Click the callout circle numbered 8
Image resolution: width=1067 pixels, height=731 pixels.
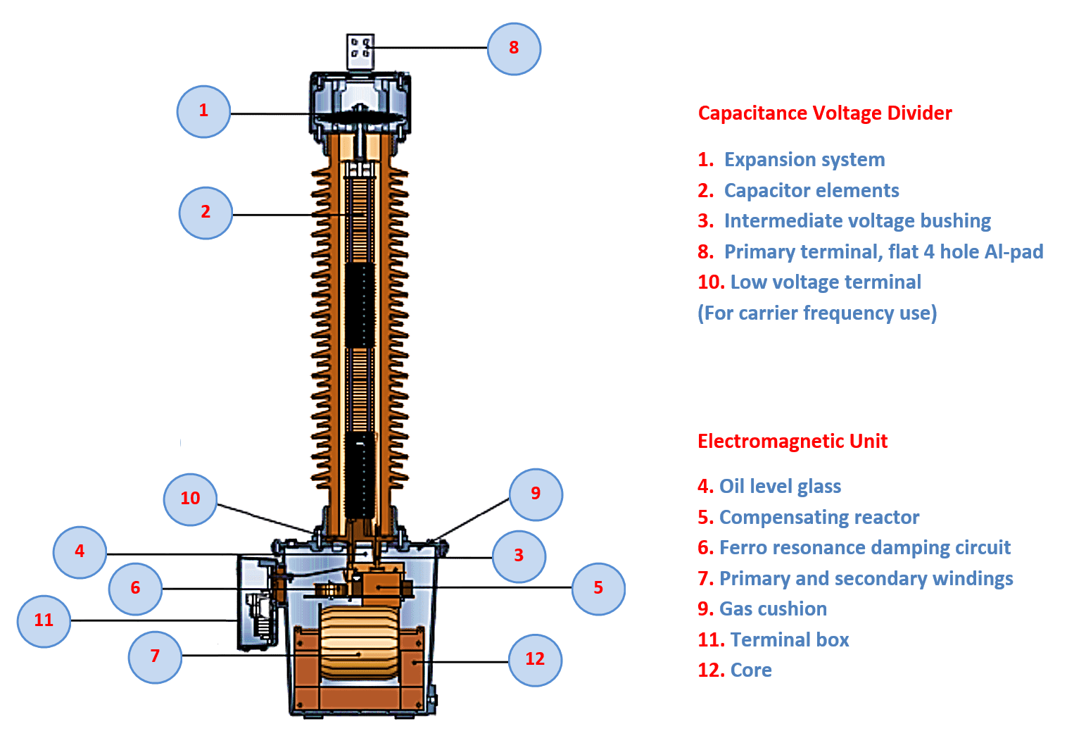coord(514,49)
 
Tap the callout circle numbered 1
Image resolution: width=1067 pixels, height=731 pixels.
coord(203,111)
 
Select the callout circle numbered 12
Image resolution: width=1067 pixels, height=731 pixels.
coord(535,660)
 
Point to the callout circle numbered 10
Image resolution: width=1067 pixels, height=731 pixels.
coord(190,499)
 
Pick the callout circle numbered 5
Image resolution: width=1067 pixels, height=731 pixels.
coord(598,589)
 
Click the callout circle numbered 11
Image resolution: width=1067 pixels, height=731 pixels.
coord(44,621)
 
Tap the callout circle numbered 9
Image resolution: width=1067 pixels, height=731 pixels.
coord(536,494)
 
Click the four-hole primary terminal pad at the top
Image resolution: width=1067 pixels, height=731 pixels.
coord(360,51)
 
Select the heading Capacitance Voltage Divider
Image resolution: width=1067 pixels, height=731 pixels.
coord(824,113)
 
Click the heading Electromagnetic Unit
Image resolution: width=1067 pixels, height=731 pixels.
coord(792,442)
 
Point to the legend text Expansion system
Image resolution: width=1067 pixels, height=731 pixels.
coord(804,160)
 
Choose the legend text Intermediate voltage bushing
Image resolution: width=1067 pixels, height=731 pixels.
coord(857,221)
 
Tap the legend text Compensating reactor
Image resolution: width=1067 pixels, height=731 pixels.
coord(819,518)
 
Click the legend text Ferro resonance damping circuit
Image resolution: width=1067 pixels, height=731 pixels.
coord(864,548)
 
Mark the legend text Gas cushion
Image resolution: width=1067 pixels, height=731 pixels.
coord(772,609)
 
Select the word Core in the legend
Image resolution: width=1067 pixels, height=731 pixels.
coord(750,670)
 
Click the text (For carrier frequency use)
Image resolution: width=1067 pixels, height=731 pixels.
coord(816,313)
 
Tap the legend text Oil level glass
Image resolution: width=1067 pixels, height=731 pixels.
coord(779,487)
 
